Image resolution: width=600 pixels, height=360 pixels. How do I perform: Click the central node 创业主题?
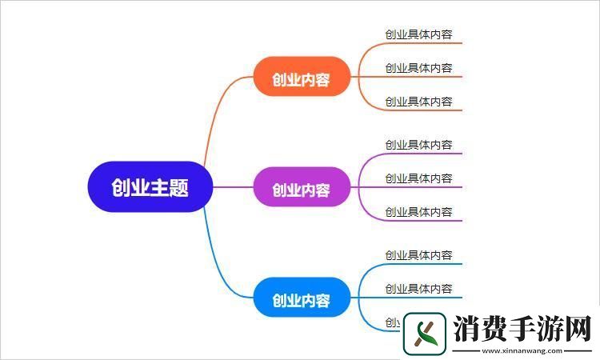(x=150, y=188)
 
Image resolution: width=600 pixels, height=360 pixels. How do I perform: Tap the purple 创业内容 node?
(x=301, y=190)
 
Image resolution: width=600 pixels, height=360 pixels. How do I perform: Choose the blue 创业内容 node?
(x=301, y=301)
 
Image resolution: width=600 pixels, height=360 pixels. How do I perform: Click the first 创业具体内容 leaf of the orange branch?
(x=418, y=34)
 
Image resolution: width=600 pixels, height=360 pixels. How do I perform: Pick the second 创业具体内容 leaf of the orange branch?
(x=418, y=68)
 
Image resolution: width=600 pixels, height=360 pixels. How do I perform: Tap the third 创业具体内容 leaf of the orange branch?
(x=418, y=102)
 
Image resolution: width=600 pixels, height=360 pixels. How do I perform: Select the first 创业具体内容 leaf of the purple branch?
(x=418, y=145)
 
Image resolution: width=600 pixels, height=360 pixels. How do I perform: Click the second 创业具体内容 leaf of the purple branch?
(x=418, y=178)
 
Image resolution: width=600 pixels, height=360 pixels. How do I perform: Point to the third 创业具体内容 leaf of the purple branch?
(x=418, y=212)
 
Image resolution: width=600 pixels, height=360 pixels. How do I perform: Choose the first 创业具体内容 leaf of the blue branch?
(x=418, y=255)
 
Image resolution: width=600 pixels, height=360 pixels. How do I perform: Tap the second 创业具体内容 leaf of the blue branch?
(x=418, y=289)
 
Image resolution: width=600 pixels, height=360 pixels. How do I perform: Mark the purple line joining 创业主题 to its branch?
(x=232, y=188)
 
